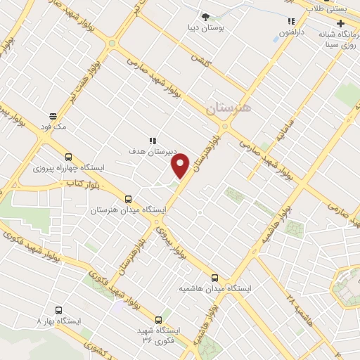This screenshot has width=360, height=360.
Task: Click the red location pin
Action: tap(181, 165)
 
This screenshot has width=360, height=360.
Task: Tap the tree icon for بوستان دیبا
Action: tap(205, 17)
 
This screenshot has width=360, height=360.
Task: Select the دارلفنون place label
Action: tap(292, 32)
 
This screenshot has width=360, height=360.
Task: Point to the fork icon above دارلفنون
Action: tap(291, 22)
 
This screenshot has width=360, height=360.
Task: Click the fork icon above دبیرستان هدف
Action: tap(152, 140)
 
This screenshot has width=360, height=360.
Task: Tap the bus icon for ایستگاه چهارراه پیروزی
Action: tap(67, 157)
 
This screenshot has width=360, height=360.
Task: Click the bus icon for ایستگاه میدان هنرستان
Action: tap(127, 199)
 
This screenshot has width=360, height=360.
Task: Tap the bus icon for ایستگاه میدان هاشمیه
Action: tap(215, 278)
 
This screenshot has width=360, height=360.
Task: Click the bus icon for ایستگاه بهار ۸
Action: tap(58, 310)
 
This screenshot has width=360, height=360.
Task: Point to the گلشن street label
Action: tap(202, 61)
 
